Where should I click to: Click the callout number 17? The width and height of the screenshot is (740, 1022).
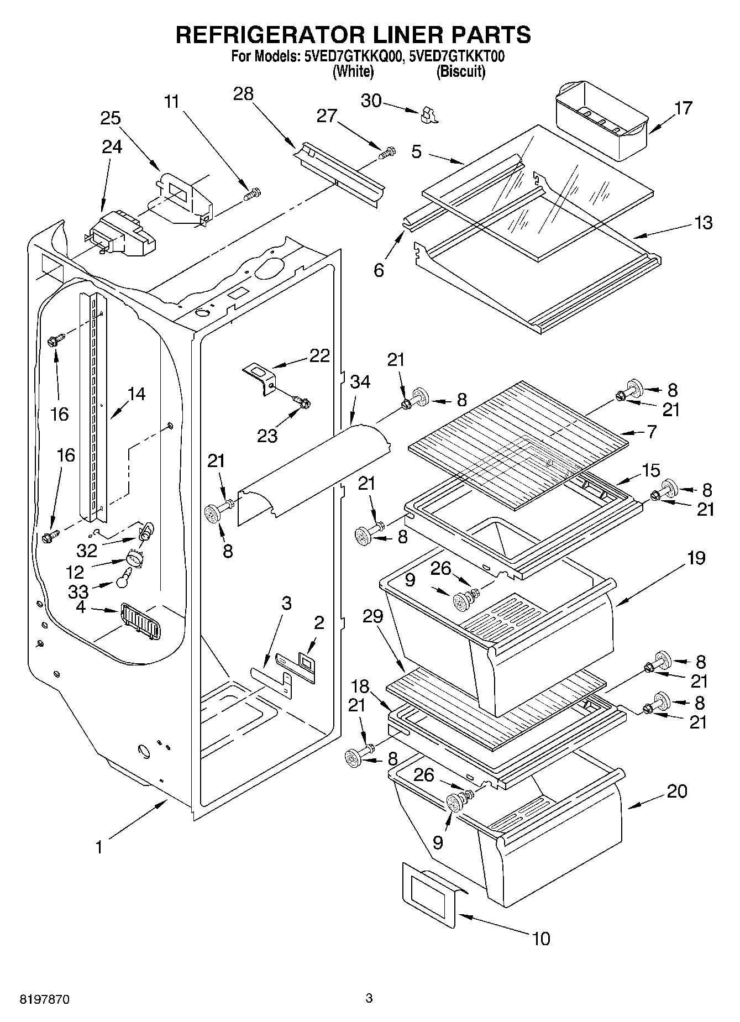pyautogui.click(x=683, y=108)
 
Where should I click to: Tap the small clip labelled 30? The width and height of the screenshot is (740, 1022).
pyautogui.click(x=428, y=114)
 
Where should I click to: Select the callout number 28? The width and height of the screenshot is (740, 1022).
pyautogui.click(x=243, y=94)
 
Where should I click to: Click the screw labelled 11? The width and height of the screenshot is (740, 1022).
pyautogui.click(x=253, y=194)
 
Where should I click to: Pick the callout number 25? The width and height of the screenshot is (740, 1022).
pyautogui.click(x=111, y=118)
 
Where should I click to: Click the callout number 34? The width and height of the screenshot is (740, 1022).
pyautogui.click(x=360, y=381)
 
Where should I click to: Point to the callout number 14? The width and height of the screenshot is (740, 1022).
pyautogui.click(x=136, y=394)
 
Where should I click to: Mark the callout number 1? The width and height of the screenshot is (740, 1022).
pyautogui.click(x=99, y=847)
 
